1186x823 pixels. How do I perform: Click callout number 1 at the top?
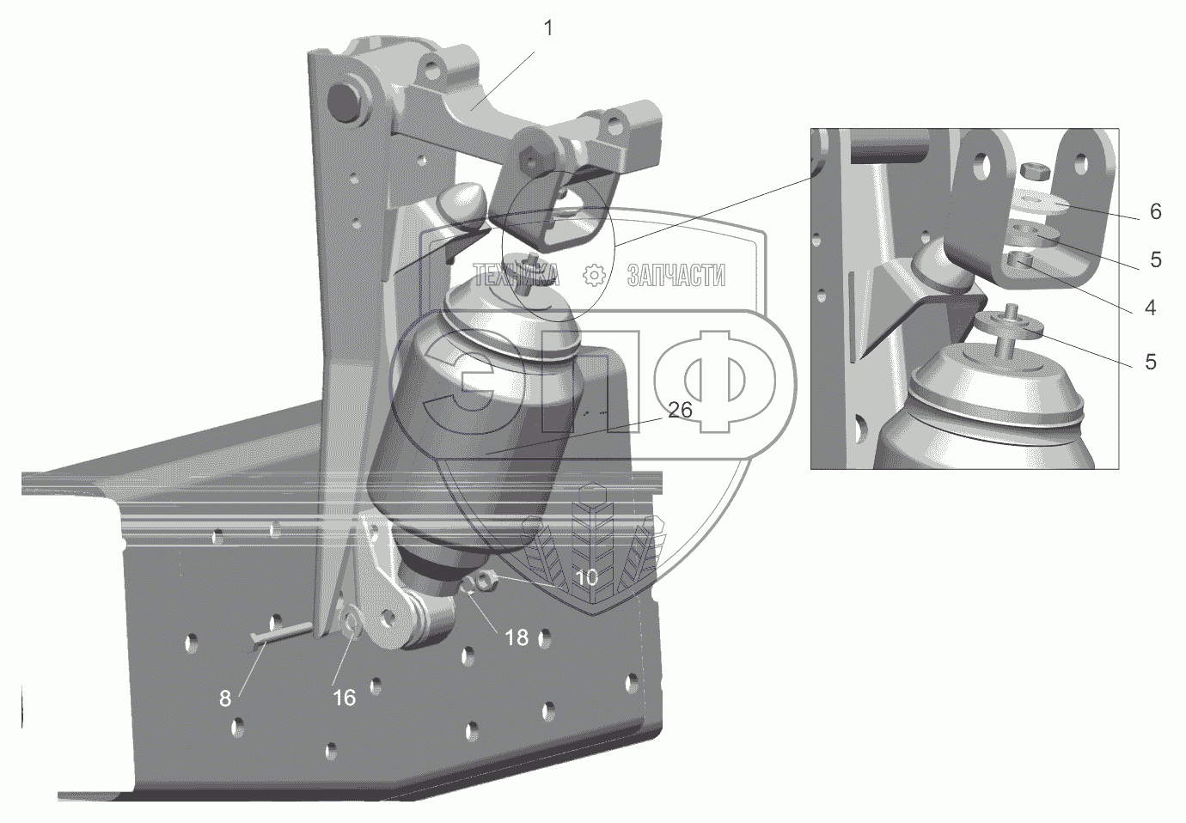[x=548, y=28]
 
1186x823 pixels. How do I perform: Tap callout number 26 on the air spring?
[x=680, y=410]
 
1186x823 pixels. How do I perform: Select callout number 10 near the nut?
[x=587, y=577]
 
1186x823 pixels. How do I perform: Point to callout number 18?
[x=517, y=637]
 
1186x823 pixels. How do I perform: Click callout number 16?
[x=344, y=698]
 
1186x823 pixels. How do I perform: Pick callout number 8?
[x=225, y=698]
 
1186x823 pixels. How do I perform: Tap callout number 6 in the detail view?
[x=1155, y=211]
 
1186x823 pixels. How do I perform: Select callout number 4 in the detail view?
[x=1150, y=308]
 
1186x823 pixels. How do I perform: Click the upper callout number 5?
[x=1155, y=259]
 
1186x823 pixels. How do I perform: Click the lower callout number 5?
[x=1150, y=362]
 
